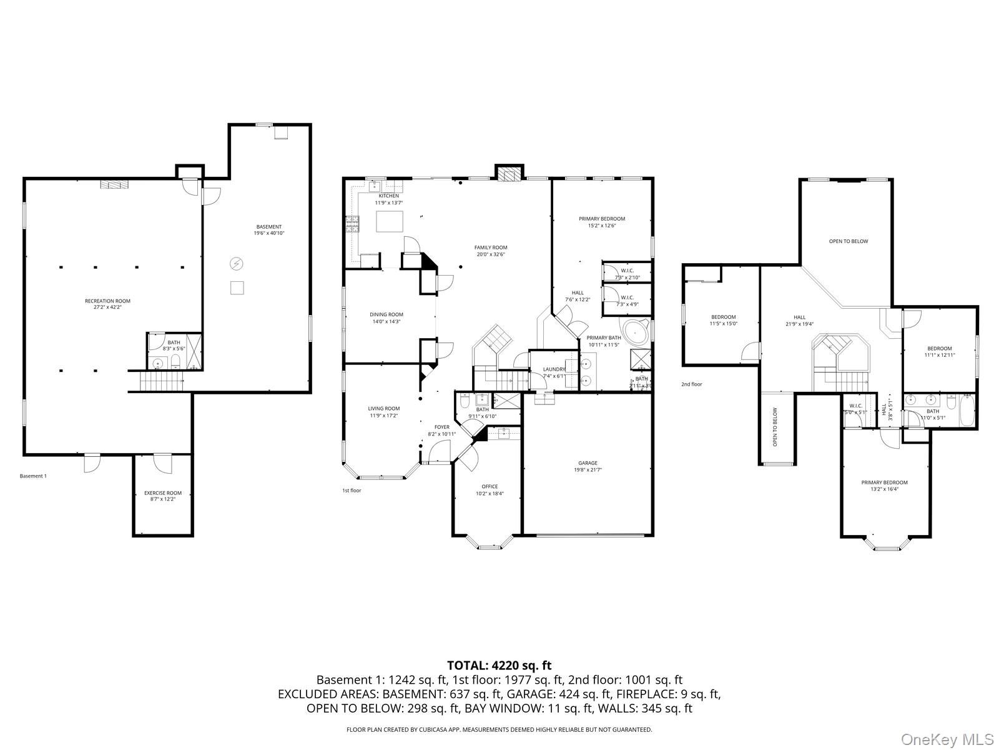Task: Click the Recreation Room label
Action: pos(107,301)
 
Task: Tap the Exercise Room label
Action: pos(162,493)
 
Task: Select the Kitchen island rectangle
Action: pos(389,221)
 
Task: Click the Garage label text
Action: pos(587,463)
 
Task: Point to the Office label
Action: pos(490,487)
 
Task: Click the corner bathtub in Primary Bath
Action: pos(634,333)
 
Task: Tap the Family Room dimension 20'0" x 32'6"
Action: pos(490,254)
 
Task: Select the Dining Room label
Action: pos(386,315)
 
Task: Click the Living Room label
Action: pos(383,409)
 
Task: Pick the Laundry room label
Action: pos(553,369)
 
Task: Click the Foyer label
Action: pos(441,427)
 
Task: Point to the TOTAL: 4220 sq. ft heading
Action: pos(499,666)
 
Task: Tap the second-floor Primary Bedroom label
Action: pos(884,482)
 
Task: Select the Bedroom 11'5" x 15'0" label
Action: pos(723,317)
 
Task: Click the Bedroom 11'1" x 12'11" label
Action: pos(939,349)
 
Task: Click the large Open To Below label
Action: pos(848,241)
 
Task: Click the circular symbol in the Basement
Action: pos(237,264)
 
